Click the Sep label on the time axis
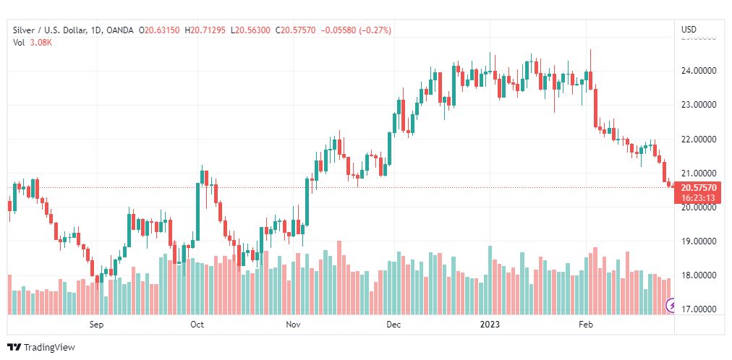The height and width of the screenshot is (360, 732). pos(97,325)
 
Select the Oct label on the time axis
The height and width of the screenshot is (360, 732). pos(197,325)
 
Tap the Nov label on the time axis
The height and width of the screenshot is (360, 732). pos(293,325)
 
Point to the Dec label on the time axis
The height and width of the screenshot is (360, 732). pos(393,325)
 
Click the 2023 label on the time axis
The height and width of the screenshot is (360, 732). pos(490,325)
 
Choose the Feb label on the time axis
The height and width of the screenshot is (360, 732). pos(587,325)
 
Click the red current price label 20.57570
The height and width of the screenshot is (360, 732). pos(698,188)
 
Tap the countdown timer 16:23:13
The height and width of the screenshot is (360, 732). pos(698,197)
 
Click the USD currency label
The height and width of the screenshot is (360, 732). pos(689,30)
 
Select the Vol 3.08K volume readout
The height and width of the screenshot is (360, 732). pos(33,43)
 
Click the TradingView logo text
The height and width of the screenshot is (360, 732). pos(49,348)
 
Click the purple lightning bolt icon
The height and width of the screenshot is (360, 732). pos(671,307)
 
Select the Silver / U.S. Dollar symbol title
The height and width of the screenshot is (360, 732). pos(48,30)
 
